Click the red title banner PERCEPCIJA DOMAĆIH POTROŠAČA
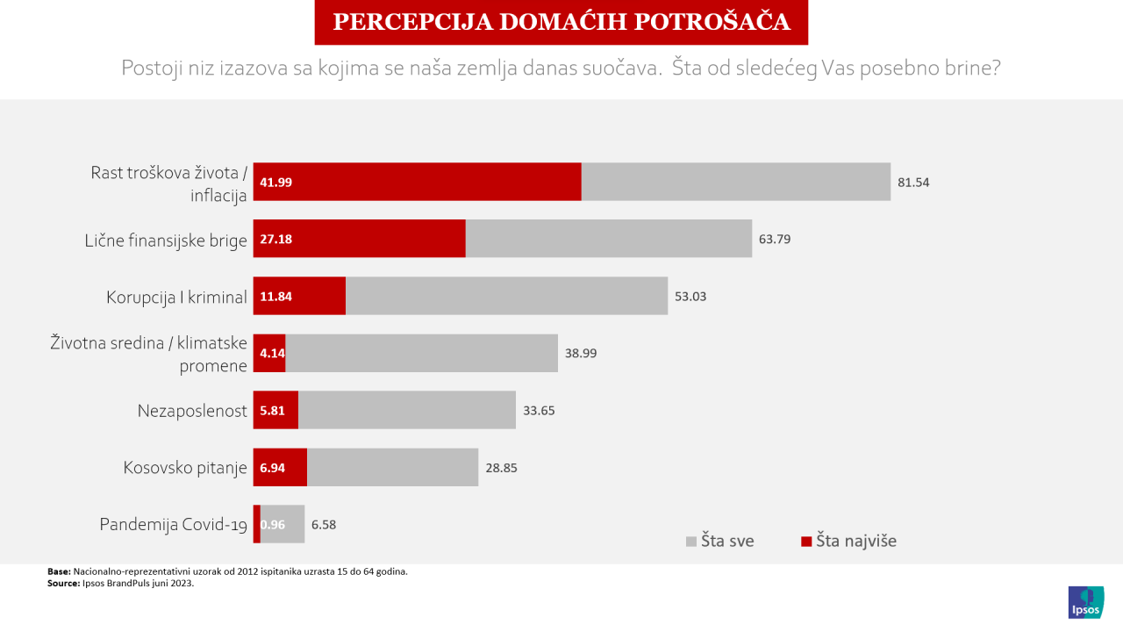tap(561, 22)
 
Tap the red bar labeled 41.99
tap(417, 182)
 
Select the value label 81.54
tap(913, 183)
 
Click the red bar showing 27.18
tap(359, 239)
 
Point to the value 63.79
tap(775, 239)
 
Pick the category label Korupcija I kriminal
tap(176, 297)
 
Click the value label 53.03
tap(690, 296)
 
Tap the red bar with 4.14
tap(269, 353)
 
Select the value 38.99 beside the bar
tap(581, 353)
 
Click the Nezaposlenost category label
tap(192, 411)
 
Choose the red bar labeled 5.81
tap(275, 410)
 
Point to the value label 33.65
tap(539, 410)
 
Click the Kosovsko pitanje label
tap(185, 468)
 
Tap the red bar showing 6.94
tap(280, 467)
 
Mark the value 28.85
tap(501, 468)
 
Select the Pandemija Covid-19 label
tap(174, 525)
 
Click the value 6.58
tap(324, 525)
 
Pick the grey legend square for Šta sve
tap(690, 542)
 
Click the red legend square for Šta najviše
tap(805, 542)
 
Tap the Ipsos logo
tap(1086, 602)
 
